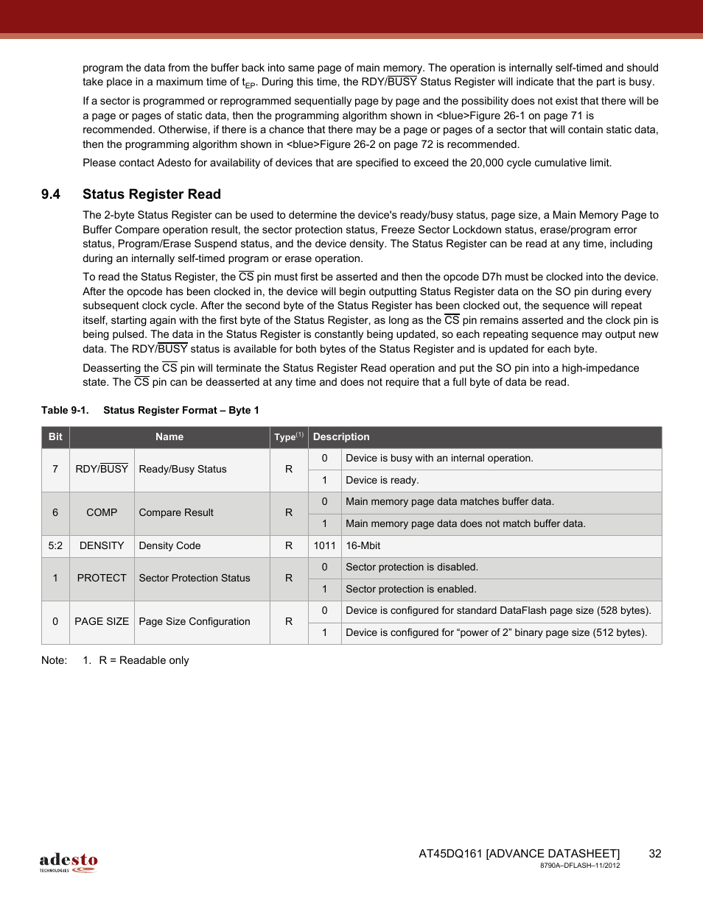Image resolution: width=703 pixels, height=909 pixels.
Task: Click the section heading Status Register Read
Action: pyautogui.click(x=151, y=194)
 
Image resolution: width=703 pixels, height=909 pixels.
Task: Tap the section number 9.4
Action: pyautogui.click(x=51, y=194)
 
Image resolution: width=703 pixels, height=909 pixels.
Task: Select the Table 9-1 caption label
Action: pyautogui.click(x=65, y=411)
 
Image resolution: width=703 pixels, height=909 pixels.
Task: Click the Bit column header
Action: pyautogui.click(x=55, y=437)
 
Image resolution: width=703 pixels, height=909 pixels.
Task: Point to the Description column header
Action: pyautogui.click(x=341, y=437)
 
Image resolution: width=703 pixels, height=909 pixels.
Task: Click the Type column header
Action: pyautogui.click(x=288, y=437)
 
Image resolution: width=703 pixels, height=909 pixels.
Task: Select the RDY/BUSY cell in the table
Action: pyautogui.click(x=102, y=470)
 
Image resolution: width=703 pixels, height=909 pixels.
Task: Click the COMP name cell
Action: pyautogui.click(x=102, y=513)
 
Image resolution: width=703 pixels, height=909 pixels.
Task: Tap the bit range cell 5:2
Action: pyautogui.click(x=55, y=546)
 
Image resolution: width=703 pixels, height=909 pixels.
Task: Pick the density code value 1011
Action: pyautogui.click(x=324, y=546)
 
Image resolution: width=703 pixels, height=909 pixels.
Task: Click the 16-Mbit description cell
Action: pyautogui.click(x=363, y=546)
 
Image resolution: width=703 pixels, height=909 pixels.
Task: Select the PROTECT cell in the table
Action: pyautogui.click(x=102, y=579)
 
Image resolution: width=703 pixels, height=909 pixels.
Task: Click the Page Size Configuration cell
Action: pyautogui.click(x=195, y=622)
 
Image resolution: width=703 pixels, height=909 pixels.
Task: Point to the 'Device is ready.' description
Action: pyautogui.click(x=382, y=481)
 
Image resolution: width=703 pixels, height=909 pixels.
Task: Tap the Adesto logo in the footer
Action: pyautogui.click(x=69, y=862)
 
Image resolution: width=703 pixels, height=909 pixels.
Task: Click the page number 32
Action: pyautogui.click(x=654, y=854)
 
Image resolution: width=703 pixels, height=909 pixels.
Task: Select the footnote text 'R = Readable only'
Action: pyautogui.click(x=144, y=661)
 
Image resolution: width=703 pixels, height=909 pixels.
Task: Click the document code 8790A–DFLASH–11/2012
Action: pyautogui.click(x=579, y=866)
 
